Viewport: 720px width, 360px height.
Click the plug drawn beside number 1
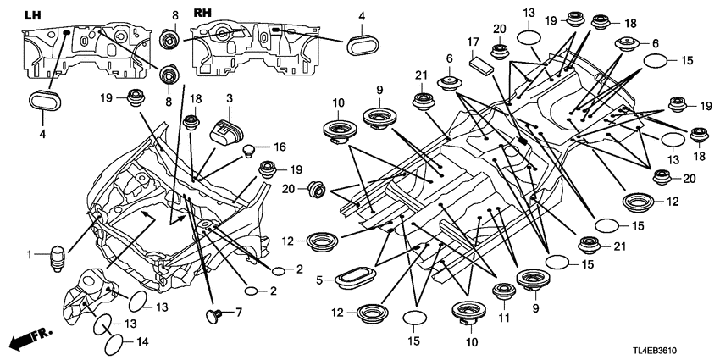tap(57, 256)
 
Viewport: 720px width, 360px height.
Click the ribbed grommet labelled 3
tap(224, 132)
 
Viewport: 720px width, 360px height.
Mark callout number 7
tap(239, 313)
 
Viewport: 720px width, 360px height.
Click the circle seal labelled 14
tap(114, 346)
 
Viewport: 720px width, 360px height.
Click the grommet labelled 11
tap(505, 294)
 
